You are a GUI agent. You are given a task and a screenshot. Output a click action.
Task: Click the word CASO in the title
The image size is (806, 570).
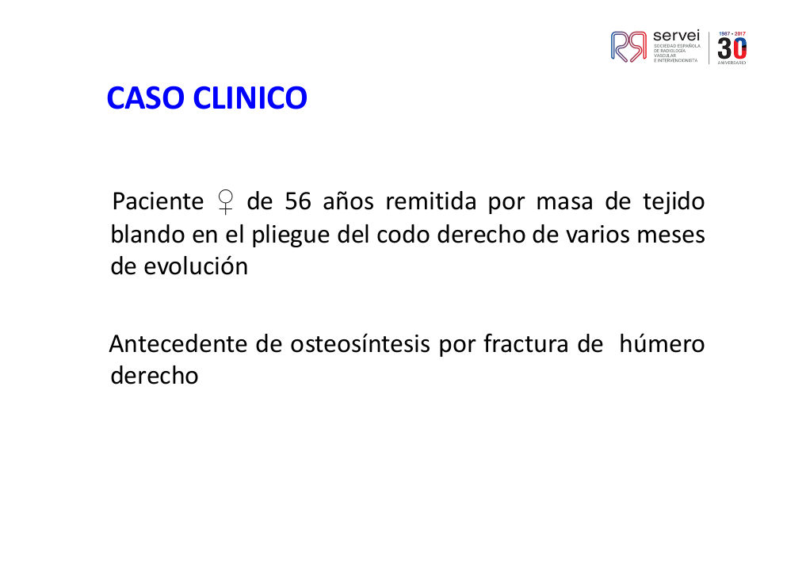click(x=146, y=98)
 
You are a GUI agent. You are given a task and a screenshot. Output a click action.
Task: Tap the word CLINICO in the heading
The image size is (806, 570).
click(x=250, y=98)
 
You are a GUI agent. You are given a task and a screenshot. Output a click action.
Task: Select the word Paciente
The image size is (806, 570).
click(x=158, y=201)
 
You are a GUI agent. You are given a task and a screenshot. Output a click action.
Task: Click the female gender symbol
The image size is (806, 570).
click(x=225, y=202)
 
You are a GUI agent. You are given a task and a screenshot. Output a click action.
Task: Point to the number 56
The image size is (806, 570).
click(x=298, y=201)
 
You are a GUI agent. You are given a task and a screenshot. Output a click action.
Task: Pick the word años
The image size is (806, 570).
click(x=348, y=201)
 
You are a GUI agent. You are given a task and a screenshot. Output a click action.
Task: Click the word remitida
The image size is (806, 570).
click(x=431, y=201)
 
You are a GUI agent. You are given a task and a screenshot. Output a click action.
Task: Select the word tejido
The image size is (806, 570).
click(x=674, y=202)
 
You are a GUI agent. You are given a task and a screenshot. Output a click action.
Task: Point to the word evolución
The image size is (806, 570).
click(x=196, y=266)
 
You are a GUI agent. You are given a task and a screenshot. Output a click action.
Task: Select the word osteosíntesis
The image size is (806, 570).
click(x=360, y=344)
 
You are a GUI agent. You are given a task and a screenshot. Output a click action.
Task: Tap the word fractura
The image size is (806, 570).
click(x=526, y=344)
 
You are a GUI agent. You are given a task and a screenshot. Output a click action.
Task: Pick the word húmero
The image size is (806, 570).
click(x=662, y=344)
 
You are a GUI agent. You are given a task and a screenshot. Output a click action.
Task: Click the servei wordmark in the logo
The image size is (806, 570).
click(x=676, y=36)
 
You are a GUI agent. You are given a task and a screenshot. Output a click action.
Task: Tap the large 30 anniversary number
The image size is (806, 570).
click(x=732, y=49)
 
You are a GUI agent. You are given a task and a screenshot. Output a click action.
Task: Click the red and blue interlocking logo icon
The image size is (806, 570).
click(x=628, y=47)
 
